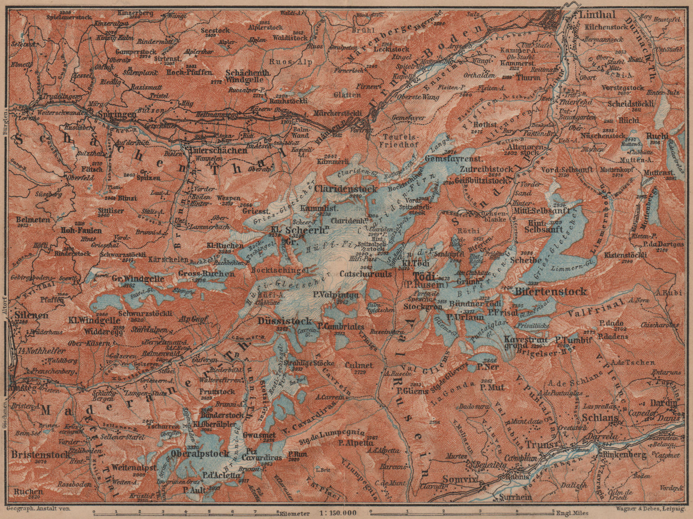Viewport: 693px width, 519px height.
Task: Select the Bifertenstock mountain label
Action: click(551, 291)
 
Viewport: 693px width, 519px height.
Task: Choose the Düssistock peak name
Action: click(285, 321)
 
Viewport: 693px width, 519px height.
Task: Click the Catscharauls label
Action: click(366, 274)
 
